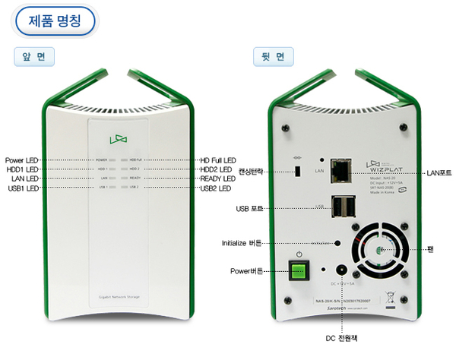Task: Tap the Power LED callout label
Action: tap(22, 160)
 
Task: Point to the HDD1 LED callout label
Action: tap(22, 169)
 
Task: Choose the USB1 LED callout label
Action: tap(23, 187)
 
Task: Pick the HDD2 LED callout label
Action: tap(216, 169)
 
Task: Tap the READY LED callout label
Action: tap(218, 178)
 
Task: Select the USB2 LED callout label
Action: tap(216, 187)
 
